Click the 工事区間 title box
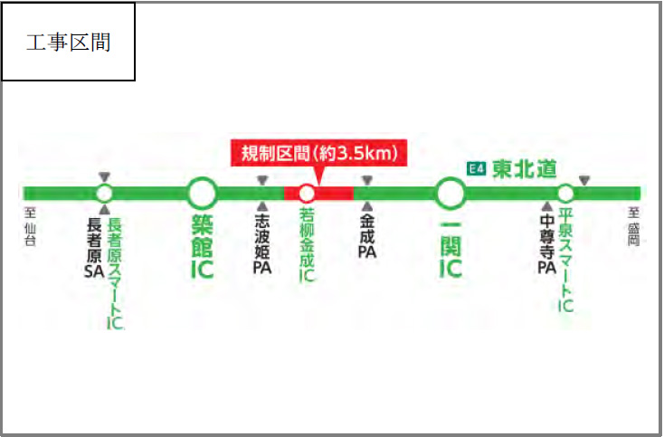(x=69, y=42)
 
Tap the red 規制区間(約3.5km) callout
(x=319, y=153)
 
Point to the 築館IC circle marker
(x=202, y=193)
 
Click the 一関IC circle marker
(x=450, y=193)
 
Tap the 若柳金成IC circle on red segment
(x=307, y=193)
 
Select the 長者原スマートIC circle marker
(x=105, y=193)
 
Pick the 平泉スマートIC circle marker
(x=565, y=193)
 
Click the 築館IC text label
(x=202, y=245)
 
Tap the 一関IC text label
(x=450, y=245)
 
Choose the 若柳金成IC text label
(x=308, y=247)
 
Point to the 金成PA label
(x=366, y=238)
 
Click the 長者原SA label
(x=94, y=245)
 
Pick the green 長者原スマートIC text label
(x=115, y=272)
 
